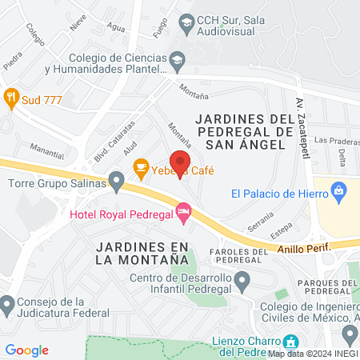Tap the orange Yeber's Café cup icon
(x=141, y=167)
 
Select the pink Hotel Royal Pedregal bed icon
(x=184, y=213)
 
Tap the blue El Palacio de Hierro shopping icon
(x=339, y=192)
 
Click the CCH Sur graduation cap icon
(x=186, y=22)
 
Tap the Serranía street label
(x=260, y=221)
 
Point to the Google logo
(x=26, y=350)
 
